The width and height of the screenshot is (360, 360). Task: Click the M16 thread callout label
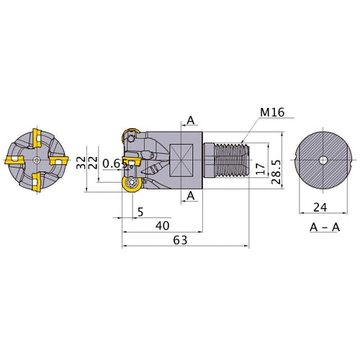tap(272, 112)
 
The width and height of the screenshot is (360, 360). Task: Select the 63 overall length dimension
tap(180, 240)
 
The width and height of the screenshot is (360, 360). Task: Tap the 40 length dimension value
tap(163, 226)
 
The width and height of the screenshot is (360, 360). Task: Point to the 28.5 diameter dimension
tap(276, 172)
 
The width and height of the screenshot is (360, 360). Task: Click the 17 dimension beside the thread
tap(261, 169)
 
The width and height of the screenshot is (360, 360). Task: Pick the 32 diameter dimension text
tap(81, 163)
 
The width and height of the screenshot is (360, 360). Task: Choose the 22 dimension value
tap(93, 163)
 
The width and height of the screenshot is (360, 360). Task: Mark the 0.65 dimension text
tap(115, 163)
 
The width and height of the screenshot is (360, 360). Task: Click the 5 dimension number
tap(140, 212)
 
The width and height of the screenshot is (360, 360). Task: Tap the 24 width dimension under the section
tap(320, 207)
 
